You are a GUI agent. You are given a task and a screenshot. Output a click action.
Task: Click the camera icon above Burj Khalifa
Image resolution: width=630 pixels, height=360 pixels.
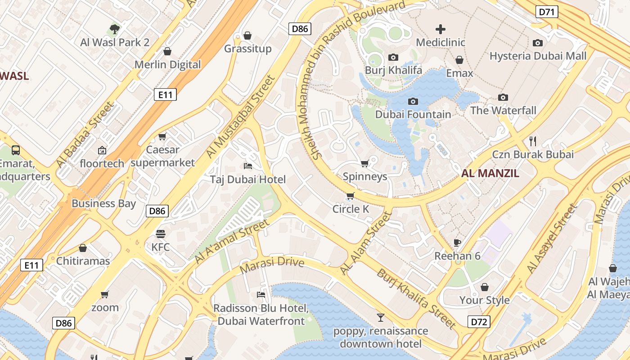click(393, 58)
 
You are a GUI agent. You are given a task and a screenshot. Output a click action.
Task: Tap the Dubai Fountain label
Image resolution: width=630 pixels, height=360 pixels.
click(413, 114)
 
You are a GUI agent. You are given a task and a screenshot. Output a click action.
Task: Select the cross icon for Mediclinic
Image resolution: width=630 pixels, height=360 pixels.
click(441, 30)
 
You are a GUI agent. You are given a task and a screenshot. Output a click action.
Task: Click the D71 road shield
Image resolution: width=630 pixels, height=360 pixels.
click(547, 12)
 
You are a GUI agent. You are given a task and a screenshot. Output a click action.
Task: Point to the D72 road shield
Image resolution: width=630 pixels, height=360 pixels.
click(479, 322)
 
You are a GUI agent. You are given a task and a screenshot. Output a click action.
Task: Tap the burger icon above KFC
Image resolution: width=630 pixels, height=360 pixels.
click(161, 234)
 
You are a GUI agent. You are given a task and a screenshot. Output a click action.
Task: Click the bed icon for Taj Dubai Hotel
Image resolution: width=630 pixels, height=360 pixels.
click(247, 166)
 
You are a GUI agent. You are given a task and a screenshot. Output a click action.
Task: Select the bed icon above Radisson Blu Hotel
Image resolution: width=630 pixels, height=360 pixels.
click(261, 295)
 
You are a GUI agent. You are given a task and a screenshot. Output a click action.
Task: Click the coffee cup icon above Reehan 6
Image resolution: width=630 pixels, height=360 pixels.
click(457, 243)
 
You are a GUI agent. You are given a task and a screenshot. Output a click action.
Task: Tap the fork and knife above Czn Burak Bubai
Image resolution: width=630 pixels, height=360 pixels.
click(533, 141)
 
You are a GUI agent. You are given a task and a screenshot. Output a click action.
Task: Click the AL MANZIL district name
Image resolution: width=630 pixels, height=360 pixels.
click(490, 173)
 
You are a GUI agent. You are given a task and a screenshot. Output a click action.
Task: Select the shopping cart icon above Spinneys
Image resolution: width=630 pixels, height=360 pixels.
click(365, 163)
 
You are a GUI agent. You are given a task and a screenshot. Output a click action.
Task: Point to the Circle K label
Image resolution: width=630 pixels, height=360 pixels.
click(351, 209)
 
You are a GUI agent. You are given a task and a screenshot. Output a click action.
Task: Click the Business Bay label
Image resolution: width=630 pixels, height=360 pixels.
click(103, 203)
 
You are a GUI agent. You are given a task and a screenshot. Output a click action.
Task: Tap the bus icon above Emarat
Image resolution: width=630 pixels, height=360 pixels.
click(16, 150)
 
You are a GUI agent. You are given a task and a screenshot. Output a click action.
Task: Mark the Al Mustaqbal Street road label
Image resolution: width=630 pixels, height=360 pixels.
click(240, 117)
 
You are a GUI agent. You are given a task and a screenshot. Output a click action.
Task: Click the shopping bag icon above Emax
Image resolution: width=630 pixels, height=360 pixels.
click(459, 60)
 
